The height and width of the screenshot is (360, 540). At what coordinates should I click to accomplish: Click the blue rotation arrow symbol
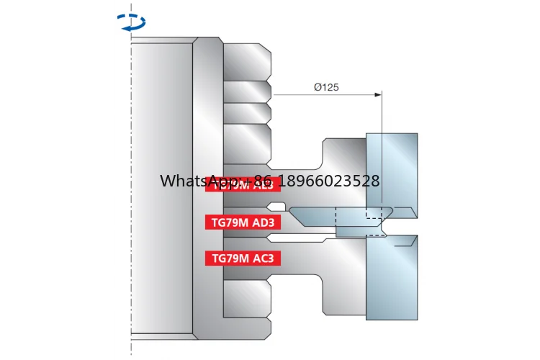[x=131, y=23]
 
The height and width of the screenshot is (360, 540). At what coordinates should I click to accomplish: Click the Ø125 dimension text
[x=326, y=87]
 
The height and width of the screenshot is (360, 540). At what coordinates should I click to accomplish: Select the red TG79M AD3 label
[x=243, y=222]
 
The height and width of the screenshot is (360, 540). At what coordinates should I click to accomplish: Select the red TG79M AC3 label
[x=243, y=258]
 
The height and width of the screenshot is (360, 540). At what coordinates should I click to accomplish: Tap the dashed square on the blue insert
[x=374, y=213]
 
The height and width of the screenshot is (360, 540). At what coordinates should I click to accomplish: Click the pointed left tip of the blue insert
[x=290, y=211]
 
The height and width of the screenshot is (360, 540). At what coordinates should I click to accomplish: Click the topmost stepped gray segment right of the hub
[x=246, y=60]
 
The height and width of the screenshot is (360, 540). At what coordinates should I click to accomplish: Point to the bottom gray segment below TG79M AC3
[x=246, y=299]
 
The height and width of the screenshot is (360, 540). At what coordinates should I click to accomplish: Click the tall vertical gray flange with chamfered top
[x=207, y=187]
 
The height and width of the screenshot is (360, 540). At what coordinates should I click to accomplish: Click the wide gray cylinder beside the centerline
[x=161, y=187]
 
